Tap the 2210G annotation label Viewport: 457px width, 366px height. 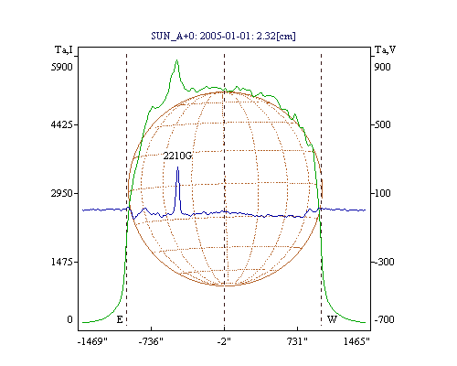177,156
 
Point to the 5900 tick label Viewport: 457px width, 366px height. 62,67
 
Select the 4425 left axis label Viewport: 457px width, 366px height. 62,124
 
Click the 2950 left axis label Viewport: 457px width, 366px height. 62,193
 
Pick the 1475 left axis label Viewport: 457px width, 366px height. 62,262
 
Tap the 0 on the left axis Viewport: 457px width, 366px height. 69,319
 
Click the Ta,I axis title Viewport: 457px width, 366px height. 64,49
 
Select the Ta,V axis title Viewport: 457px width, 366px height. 385,49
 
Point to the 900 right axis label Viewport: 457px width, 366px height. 382,67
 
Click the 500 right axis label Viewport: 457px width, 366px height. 382,124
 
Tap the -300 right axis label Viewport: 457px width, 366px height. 384,262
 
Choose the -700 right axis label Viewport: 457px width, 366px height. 384,319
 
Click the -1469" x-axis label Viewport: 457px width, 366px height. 92,341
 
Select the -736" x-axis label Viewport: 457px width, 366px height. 151,341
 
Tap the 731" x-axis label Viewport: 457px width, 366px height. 297,341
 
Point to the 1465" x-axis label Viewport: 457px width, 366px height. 356,341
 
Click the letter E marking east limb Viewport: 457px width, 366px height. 120,319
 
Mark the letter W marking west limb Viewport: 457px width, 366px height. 332,319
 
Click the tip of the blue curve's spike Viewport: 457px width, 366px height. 178,167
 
